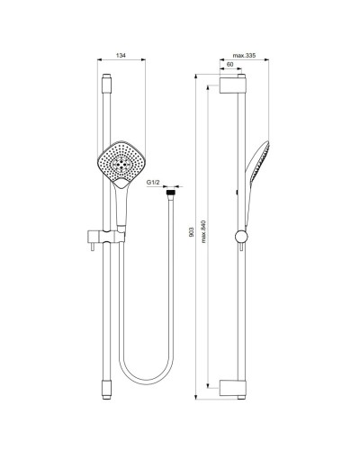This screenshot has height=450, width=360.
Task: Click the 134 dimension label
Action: pos(121,56)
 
